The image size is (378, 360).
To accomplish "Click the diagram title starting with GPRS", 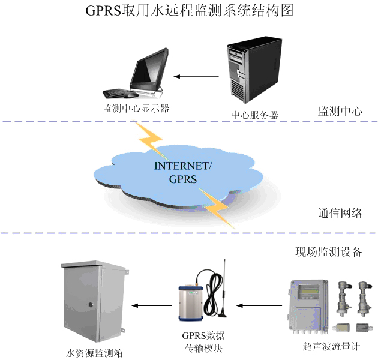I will [x=189, y=12].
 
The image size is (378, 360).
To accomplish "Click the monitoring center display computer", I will [x=138, y=76].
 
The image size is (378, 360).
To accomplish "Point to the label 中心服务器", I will [x=254, y=115].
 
